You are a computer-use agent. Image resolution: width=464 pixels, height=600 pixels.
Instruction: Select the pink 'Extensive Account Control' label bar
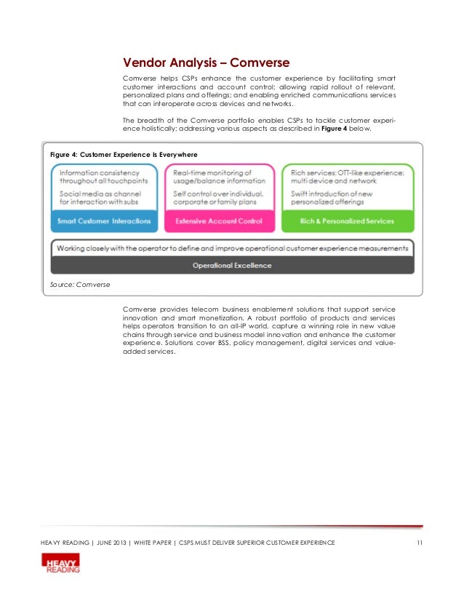point(219,221)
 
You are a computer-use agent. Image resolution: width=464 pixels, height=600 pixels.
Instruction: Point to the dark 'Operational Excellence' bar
point(232,265)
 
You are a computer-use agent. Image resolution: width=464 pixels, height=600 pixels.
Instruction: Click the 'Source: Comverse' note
point(79,285)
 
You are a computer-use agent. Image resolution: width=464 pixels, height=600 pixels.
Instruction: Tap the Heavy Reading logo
point(61,563)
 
